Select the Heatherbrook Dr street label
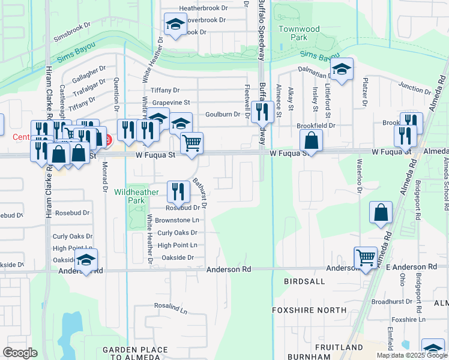203,9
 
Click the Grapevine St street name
170,103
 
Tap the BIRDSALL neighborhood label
306,281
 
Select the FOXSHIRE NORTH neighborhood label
309,310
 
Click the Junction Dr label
414,88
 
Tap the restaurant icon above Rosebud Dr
178,191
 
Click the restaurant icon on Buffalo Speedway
262,111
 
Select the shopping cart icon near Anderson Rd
365,257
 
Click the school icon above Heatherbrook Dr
175,25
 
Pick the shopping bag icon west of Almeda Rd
381,212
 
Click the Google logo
20,353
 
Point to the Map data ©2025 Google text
411,355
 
